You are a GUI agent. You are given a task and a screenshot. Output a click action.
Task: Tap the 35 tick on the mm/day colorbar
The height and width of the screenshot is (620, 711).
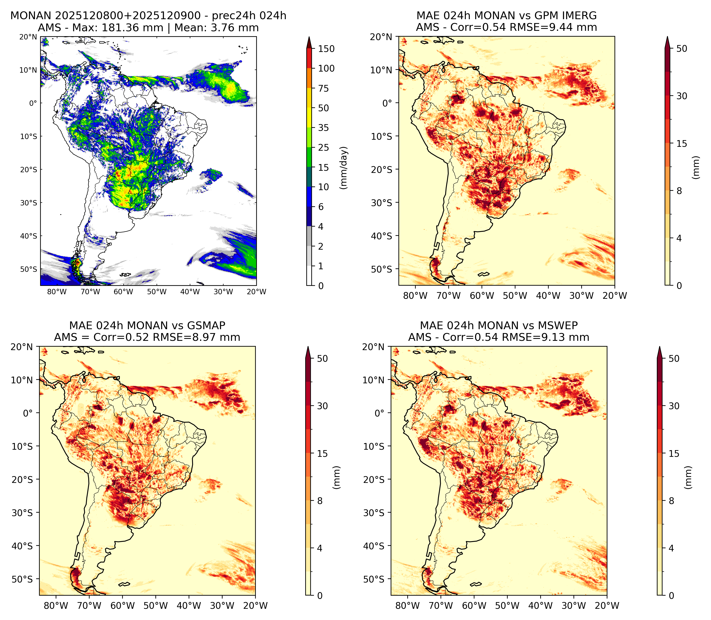coord(324,128)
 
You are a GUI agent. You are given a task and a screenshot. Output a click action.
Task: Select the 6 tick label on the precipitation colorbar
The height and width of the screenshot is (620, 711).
coord(321,207)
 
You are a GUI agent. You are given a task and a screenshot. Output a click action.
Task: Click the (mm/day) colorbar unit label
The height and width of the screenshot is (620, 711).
coord(344,168)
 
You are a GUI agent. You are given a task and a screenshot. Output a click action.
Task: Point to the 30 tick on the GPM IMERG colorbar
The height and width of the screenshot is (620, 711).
coord(682,96)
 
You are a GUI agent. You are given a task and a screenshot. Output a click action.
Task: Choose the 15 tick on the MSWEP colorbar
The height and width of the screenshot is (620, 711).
coord(674,454)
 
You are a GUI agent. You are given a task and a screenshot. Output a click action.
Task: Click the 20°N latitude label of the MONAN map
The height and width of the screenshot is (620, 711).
coord(28,37)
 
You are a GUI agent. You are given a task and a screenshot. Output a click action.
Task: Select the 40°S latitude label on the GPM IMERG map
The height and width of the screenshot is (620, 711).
coord(382,236)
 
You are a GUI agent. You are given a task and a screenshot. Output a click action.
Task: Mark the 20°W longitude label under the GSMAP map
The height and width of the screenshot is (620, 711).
coord(256,606)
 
